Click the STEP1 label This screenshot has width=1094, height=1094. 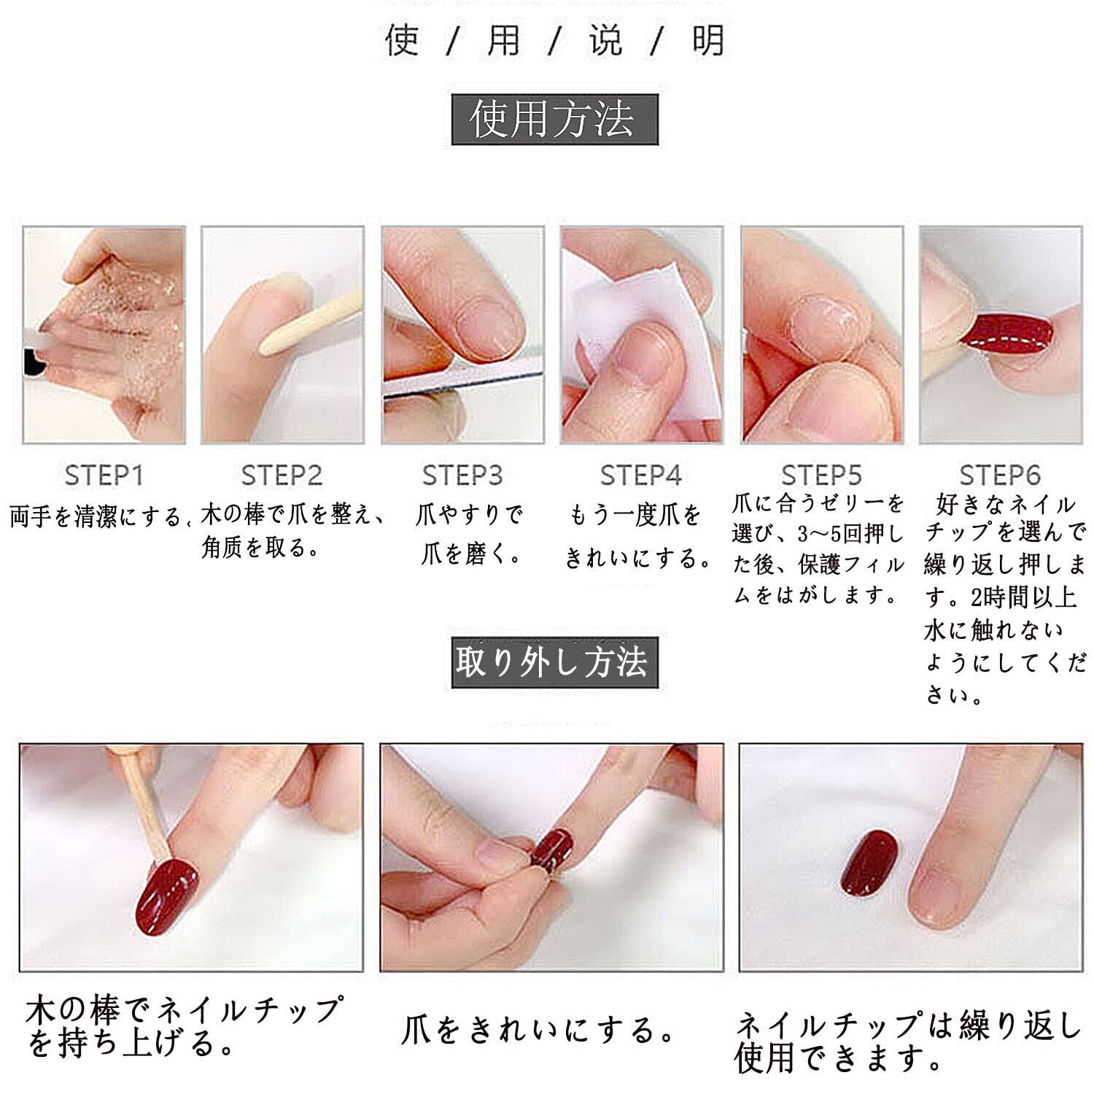point(104,476)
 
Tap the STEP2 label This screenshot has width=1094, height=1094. point(282,476)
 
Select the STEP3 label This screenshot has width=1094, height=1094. point(462,476)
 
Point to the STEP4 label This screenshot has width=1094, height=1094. point(640,476)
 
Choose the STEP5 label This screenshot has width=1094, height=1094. point(821,476)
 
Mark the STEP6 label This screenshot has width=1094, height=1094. point(999,476)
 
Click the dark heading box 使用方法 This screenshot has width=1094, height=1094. point(554,120)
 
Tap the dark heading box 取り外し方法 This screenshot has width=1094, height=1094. point(554,662)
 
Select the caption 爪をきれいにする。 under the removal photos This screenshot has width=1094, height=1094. point(540,1030)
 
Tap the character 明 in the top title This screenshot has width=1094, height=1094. point(708,41)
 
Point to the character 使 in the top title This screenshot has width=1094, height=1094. point(403,41)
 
